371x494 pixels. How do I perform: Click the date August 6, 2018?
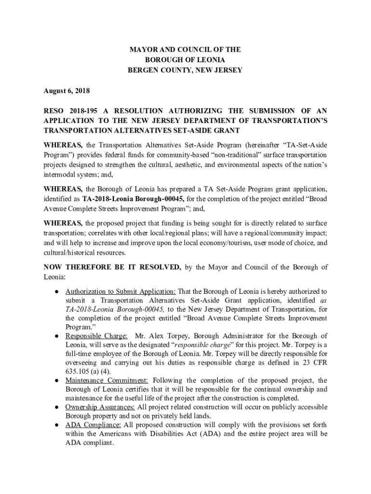pos(66,91)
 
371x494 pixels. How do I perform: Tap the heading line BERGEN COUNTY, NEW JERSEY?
pos(185,70)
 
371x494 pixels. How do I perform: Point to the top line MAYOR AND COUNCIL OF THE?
pos(185,50)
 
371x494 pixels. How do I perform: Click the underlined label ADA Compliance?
pos(93,425)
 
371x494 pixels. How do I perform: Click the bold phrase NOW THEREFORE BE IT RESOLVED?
pos(112,267)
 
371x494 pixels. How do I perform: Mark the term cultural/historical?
pos(73,252)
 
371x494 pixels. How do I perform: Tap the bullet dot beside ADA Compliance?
pos(56,425)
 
